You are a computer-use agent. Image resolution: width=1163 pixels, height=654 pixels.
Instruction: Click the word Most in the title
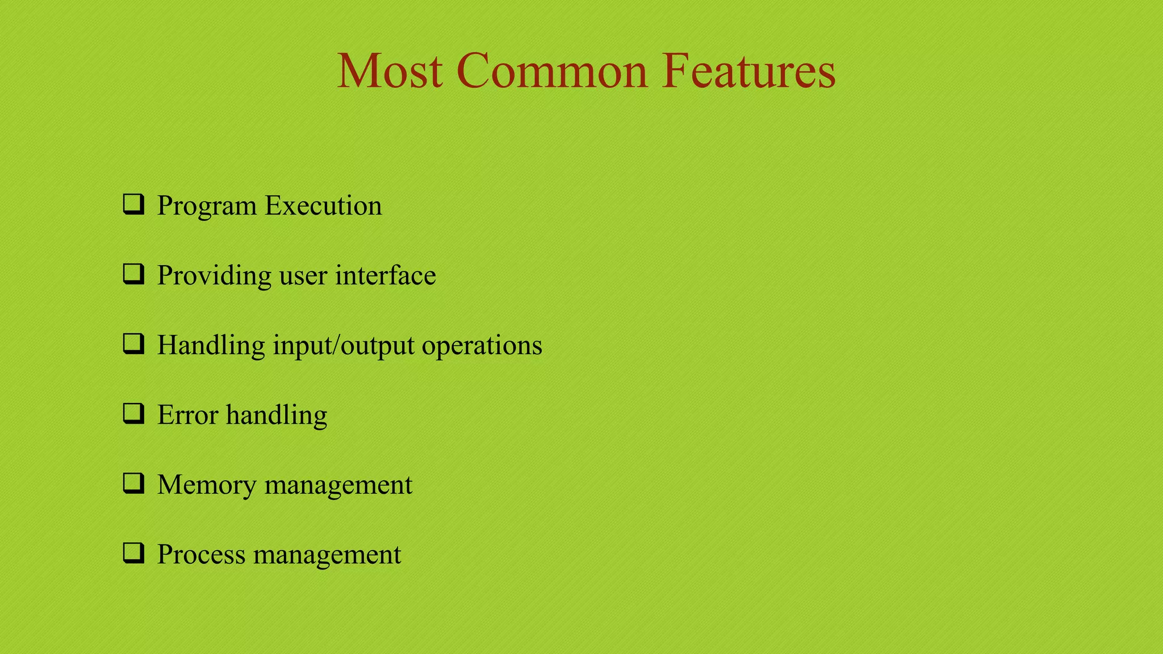coord(390,71)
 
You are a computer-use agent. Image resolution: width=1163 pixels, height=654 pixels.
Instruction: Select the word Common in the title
coord(551,71)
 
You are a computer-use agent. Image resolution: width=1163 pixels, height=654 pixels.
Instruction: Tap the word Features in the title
coord(748,71)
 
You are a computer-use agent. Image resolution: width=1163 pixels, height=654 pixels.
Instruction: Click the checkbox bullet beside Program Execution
coord(133,204)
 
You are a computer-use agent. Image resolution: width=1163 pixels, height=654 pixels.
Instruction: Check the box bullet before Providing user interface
coord(133,274)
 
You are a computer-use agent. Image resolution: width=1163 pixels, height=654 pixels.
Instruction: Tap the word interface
coord(385,275)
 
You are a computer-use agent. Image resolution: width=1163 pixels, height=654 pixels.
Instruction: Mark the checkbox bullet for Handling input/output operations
coord(133,344)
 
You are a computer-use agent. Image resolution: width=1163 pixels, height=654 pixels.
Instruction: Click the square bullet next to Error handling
coord(133,414)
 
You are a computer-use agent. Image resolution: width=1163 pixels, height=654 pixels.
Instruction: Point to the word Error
coord(187,415)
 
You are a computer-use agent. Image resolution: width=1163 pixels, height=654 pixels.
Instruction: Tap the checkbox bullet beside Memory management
coord(133,484)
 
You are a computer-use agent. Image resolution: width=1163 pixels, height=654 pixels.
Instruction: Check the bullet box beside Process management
coord(133,554)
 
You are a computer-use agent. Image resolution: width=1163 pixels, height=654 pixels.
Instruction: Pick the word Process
coord(201,555)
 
